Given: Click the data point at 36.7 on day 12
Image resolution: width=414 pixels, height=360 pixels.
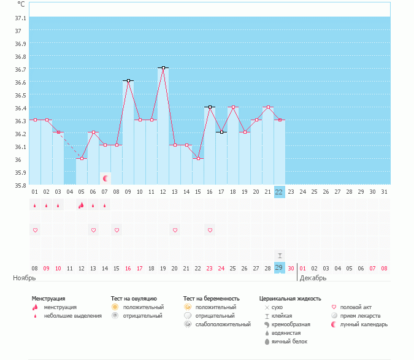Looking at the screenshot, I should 163,67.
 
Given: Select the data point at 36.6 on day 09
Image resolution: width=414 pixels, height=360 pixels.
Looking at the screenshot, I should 128,80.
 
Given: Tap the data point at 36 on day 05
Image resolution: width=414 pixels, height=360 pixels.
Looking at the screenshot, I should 82,158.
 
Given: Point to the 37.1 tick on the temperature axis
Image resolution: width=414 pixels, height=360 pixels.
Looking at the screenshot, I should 18,18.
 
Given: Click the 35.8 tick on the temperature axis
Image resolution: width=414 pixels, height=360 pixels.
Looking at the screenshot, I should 18,185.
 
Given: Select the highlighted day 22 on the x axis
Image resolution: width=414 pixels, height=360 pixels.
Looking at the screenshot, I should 279,192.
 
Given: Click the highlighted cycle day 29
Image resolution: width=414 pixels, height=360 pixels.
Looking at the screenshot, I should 279,268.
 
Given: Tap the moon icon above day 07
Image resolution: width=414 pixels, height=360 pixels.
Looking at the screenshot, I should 105,178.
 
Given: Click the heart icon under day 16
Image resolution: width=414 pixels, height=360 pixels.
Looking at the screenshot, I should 210,230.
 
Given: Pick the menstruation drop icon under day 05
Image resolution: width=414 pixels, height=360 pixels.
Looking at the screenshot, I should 81,205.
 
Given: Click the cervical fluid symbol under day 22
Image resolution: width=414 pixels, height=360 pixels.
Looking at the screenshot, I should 279,255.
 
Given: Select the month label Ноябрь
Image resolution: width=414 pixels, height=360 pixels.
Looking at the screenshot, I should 25,278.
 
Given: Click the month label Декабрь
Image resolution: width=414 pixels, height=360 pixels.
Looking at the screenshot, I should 313,278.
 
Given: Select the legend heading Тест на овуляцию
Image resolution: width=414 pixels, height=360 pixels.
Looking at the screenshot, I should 134,298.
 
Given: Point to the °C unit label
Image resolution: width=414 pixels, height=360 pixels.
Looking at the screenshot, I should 21,4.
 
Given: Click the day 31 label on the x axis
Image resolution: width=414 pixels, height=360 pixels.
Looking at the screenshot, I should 385,192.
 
